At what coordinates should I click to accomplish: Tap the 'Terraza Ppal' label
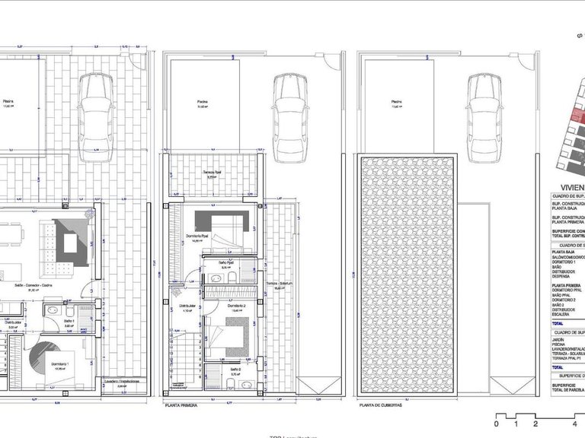coord(211,174)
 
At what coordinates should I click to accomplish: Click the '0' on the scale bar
coord(496,423)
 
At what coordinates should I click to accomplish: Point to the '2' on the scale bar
coord(535,423)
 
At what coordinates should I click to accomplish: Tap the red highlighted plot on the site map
coord(577,116)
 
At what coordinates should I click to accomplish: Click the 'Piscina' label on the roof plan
coord(396,102)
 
